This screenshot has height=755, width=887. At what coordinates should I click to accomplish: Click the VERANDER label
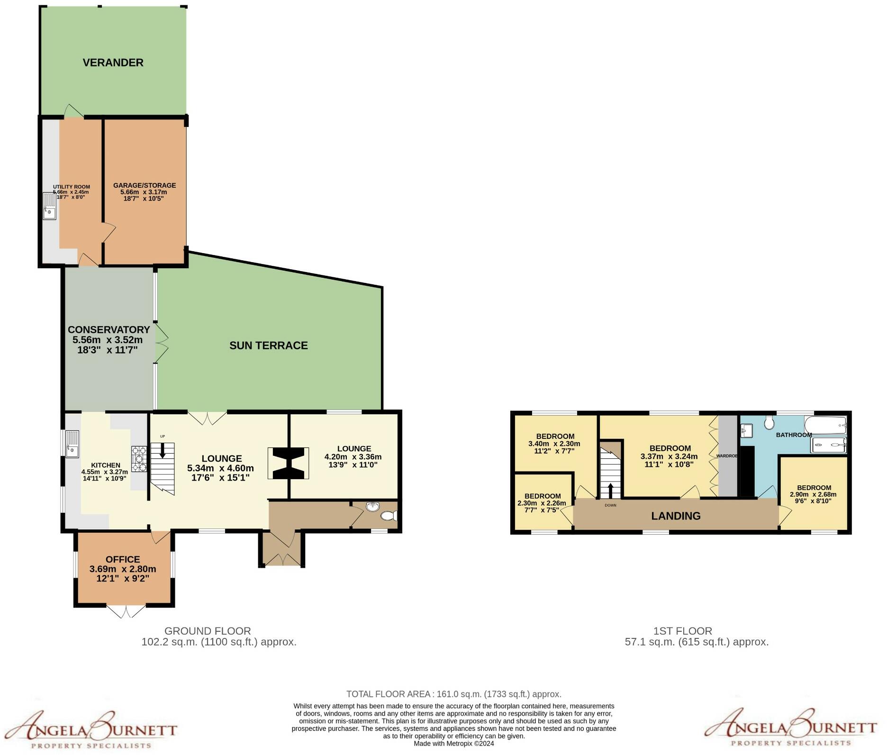(113, 63)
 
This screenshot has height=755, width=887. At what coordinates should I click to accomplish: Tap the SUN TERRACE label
(268, 346)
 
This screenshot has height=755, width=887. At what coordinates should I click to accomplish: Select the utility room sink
(49, 206)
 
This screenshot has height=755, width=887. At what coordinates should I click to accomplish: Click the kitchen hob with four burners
(139, 459)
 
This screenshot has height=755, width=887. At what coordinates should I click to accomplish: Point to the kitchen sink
(72, 444)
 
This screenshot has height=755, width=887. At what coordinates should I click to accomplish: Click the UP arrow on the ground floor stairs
(163, 450)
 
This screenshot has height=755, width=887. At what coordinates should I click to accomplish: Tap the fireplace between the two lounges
(288, 464)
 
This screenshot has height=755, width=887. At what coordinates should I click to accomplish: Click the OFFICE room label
(123, 560)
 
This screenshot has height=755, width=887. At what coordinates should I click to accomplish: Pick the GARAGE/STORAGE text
(145, 185)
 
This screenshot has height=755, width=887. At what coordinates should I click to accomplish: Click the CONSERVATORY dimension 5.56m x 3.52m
(108, 340)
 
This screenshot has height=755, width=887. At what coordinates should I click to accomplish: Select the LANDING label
(676, 516)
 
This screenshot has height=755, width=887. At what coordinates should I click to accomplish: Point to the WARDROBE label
(726, 456)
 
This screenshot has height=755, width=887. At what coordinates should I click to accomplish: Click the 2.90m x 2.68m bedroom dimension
(813, 494)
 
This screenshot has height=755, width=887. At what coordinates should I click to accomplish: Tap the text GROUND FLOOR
(208, 631)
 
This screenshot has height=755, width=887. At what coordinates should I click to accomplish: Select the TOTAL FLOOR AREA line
(453, 694)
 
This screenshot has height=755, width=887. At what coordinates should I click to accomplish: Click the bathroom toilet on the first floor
(769, 422)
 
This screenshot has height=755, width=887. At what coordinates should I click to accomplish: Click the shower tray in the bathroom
(829, 445)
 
